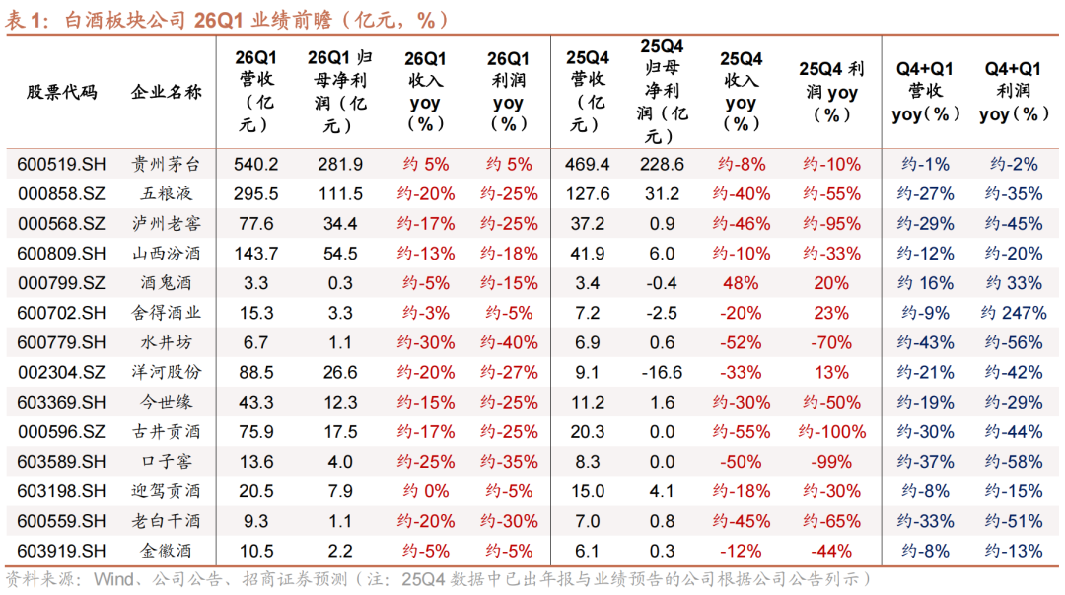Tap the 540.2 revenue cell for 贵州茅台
(x=255, y=165)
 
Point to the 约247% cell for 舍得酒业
(x=1014, y=313)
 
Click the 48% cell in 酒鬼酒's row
(x=741, y=283)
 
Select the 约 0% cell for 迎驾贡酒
(x=425, y=491)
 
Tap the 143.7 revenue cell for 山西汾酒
(x=255, y=254)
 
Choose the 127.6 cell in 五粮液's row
(x=589, y=194)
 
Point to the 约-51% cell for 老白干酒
(x=1014, y=521)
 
